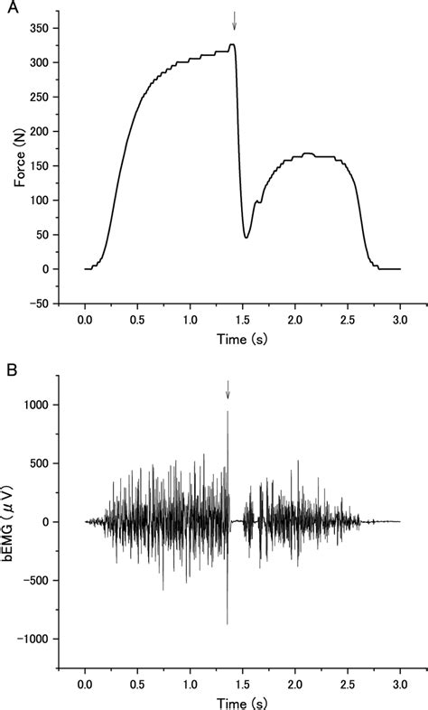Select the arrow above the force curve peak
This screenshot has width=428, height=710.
click(234, 20)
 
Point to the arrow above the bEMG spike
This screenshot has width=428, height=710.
click(228, 388)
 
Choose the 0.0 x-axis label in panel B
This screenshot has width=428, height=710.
click(85, 680)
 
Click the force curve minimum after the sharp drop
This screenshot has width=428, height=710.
click(247, 237)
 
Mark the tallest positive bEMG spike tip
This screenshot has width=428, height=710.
click(228, 412)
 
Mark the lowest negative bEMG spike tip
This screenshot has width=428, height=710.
click(227, 623)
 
